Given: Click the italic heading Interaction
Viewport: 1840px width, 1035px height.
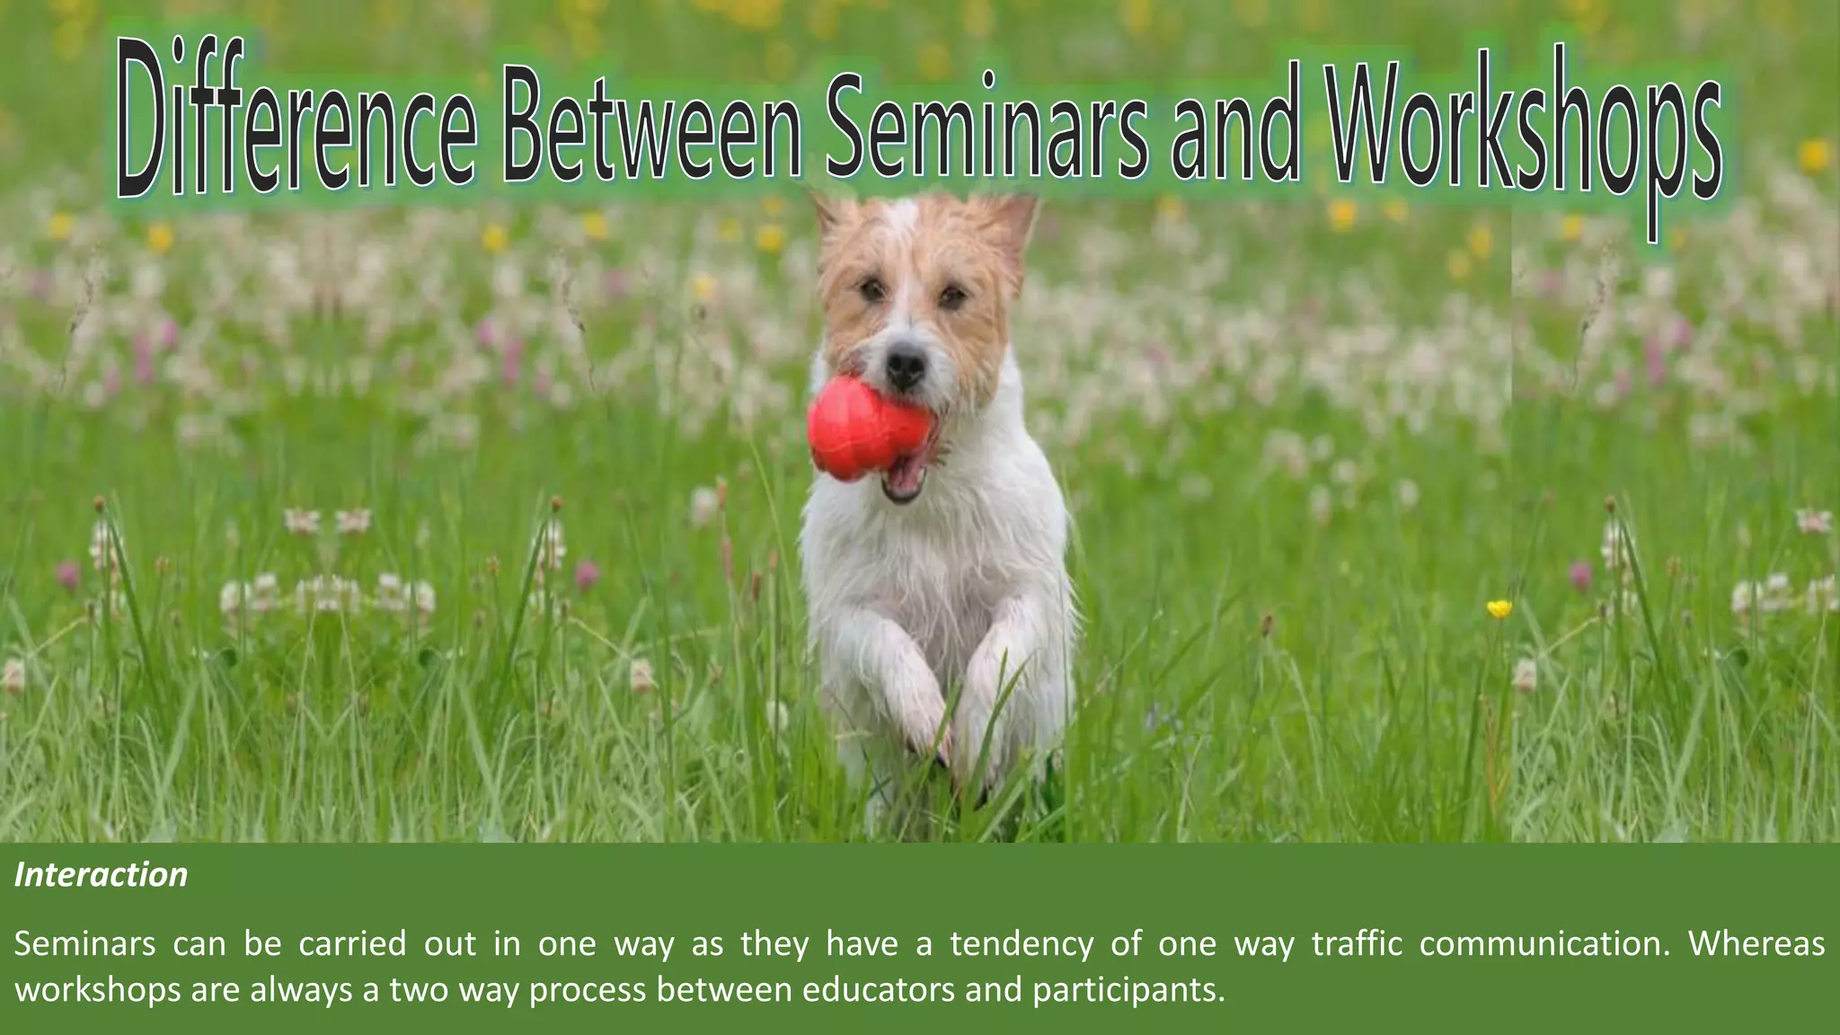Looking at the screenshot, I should (x=101, y=875).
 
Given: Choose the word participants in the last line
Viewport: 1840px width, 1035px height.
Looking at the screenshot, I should (x=1128, y=989).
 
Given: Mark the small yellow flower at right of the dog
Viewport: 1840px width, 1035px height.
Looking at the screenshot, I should (x=1499, y=609).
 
